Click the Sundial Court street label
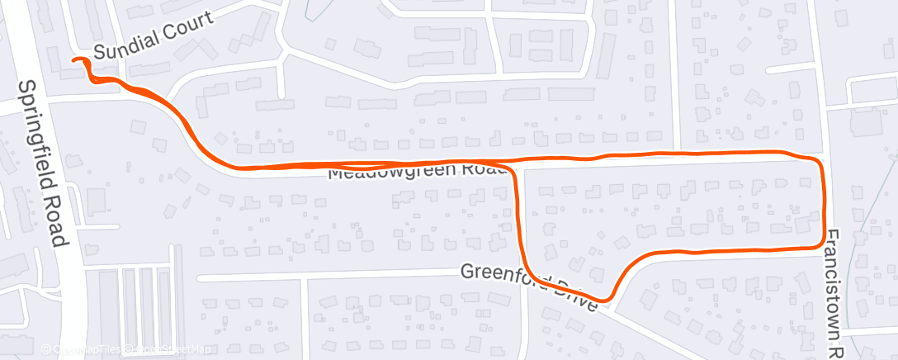(153, 37)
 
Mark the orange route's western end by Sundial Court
(75, 59)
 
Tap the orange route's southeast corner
(820, 244)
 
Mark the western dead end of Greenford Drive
(199, 278)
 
